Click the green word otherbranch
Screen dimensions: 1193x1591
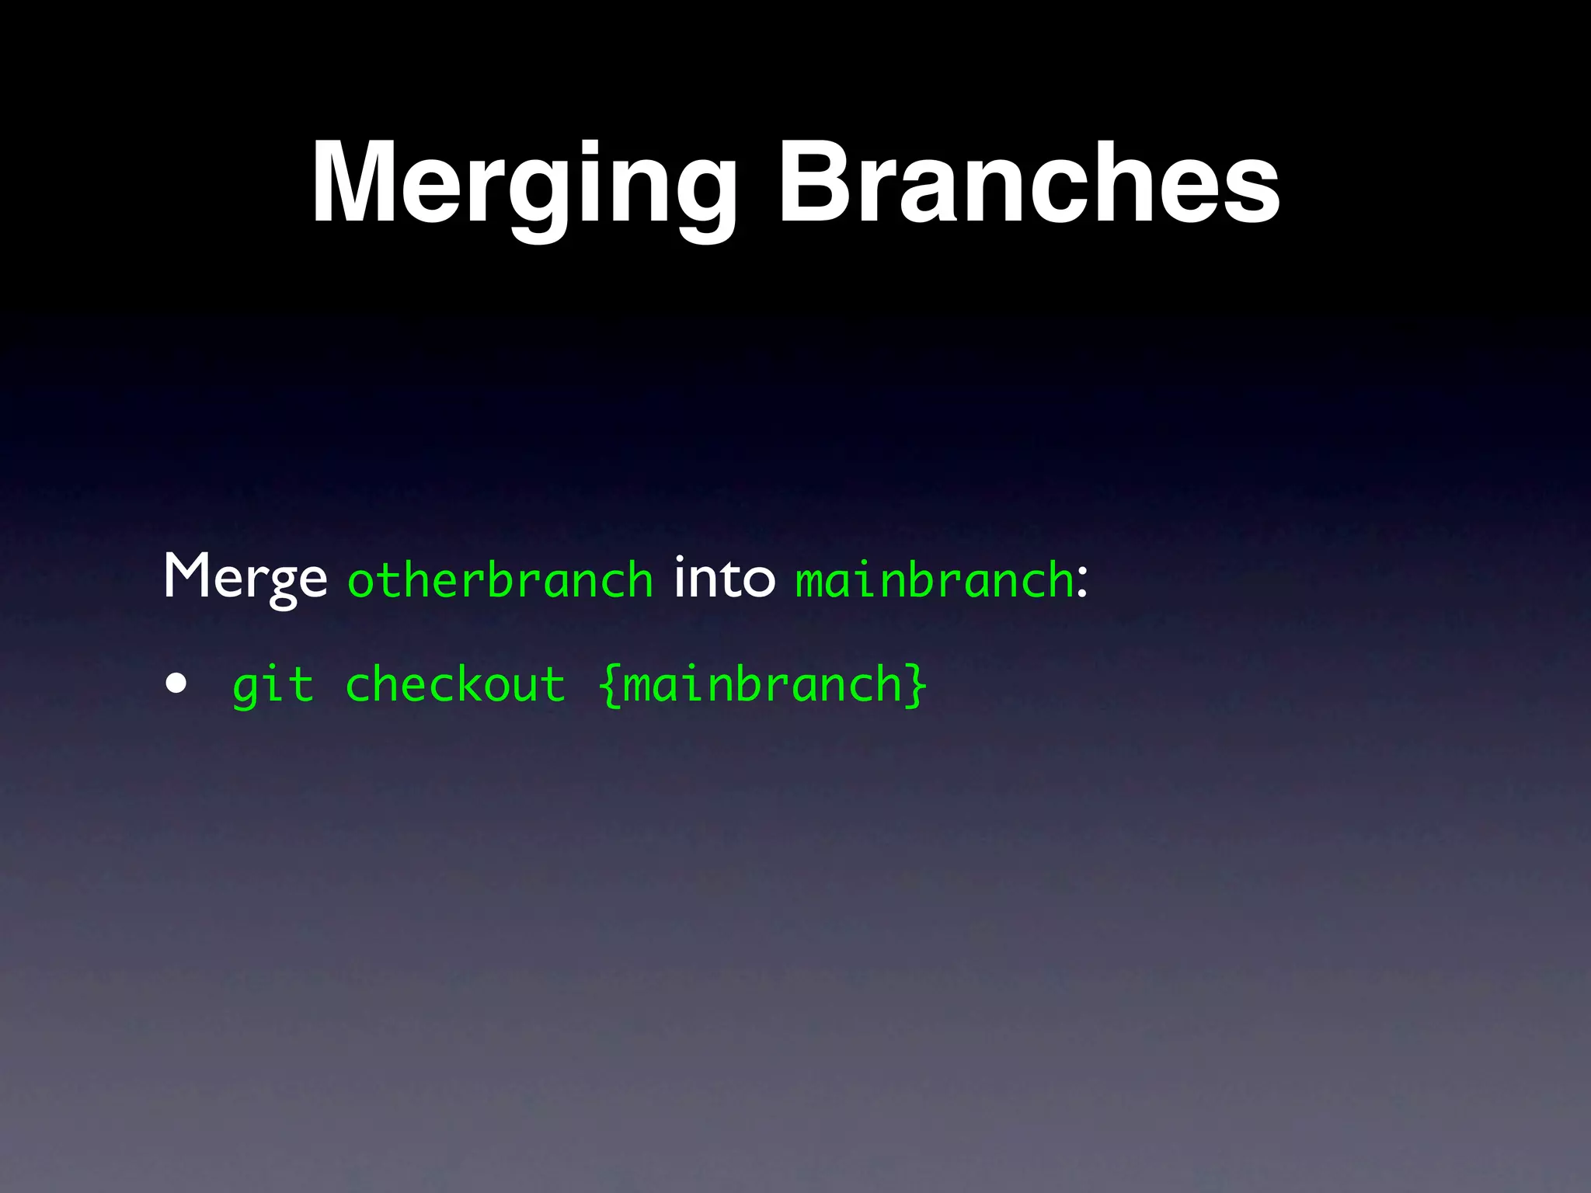pos(500,580)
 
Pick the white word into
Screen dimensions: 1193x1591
pos(724,579)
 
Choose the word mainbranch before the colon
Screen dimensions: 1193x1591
pos(934,580)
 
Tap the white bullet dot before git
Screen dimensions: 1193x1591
pos(176,683)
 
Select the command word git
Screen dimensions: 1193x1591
pos(273,686)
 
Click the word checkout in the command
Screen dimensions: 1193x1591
pos(454,684)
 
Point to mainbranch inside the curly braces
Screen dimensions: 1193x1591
pos(762,684)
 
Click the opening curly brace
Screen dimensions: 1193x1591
pos(610,686)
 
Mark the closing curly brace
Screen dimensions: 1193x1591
pos(917,686)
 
